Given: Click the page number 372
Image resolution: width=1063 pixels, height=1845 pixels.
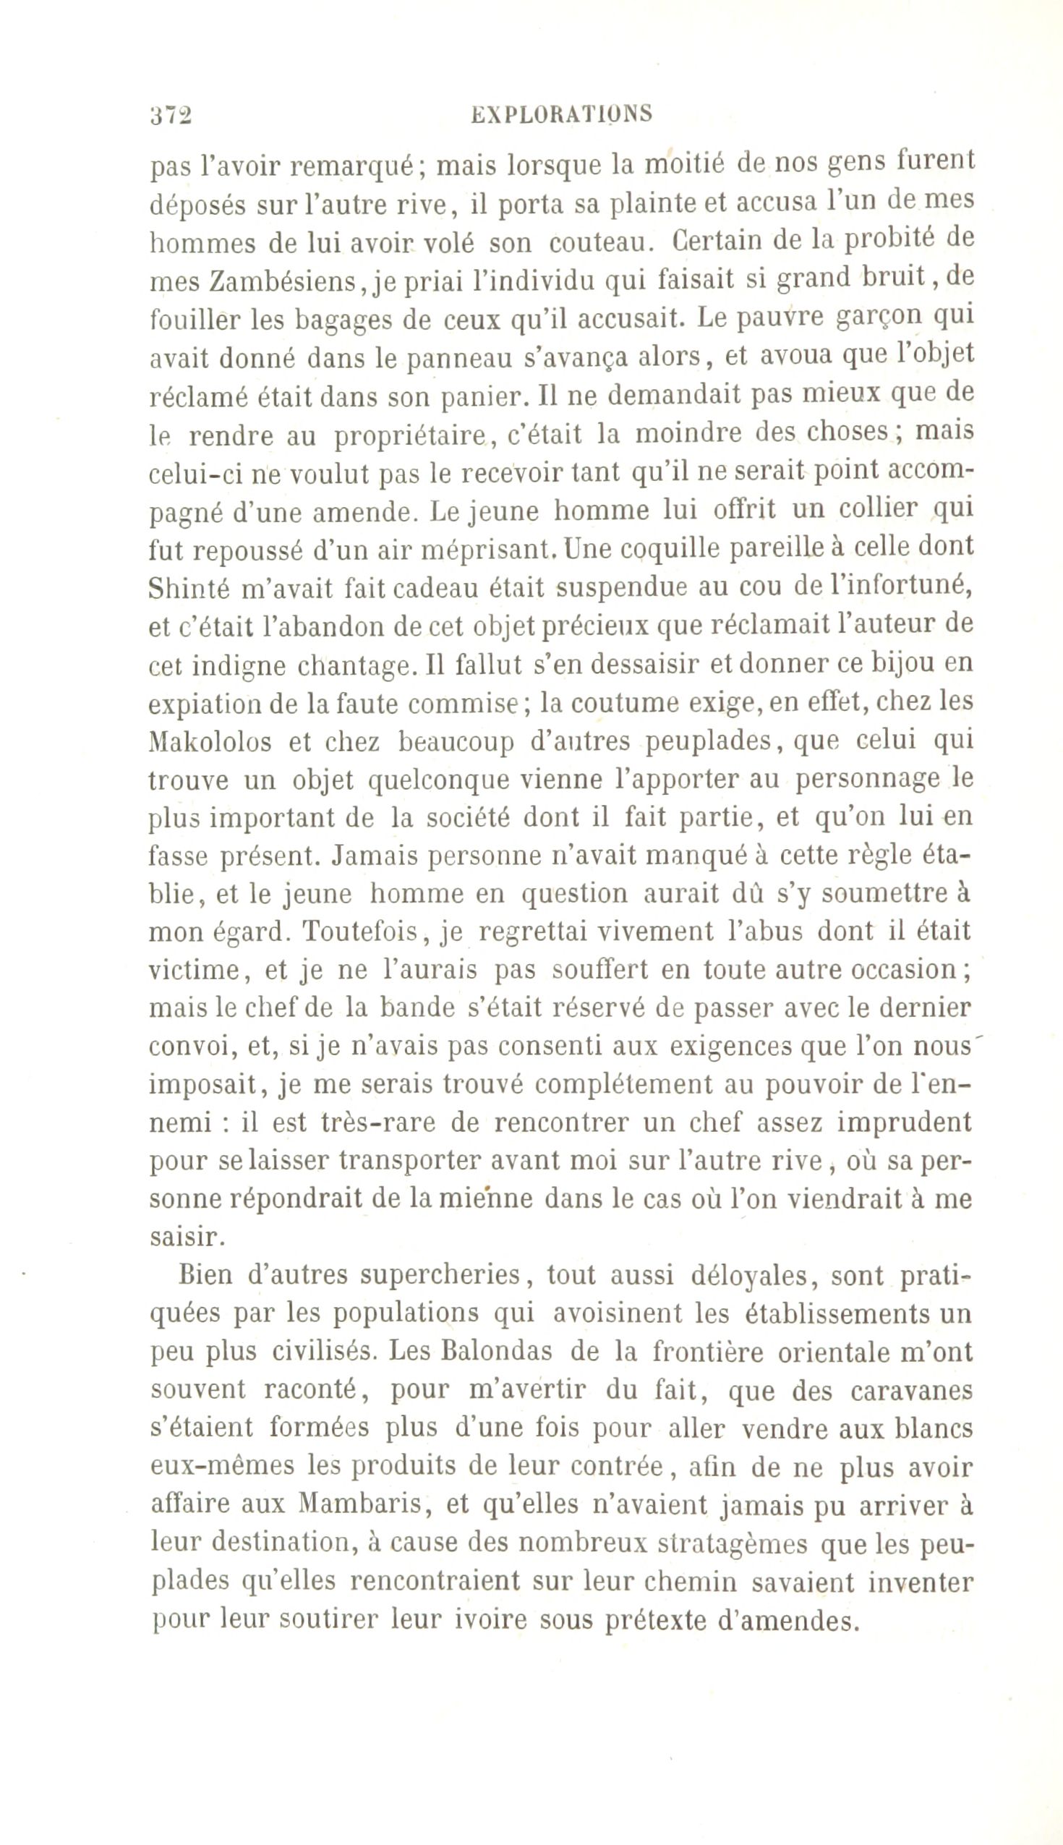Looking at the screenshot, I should pos(170,116).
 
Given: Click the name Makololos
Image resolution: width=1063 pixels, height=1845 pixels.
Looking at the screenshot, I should pos(210,743).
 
